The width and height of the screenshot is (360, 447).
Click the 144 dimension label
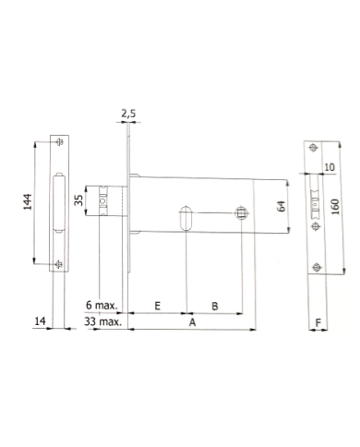[x=28, y=201]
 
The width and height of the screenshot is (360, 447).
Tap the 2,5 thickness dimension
[x=128, y=114]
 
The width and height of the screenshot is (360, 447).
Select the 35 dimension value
[x=79, y=200]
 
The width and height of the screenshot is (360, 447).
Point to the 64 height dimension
[x=282, y=206]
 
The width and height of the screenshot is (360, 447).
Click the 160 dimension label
[x=335, y=207]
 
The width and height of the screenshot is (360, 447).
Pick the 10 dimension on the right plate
[x=330, y=167]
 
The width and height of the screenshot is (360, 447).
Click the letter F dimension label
[x=318, y=322]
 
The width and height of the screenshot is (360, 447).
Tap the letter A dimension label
[x=192, y=322]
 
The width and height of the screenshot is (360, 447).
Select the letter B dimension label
[x=215, y=306]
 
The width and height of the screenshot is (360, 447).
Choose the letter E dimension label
[x=157, y=306]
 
